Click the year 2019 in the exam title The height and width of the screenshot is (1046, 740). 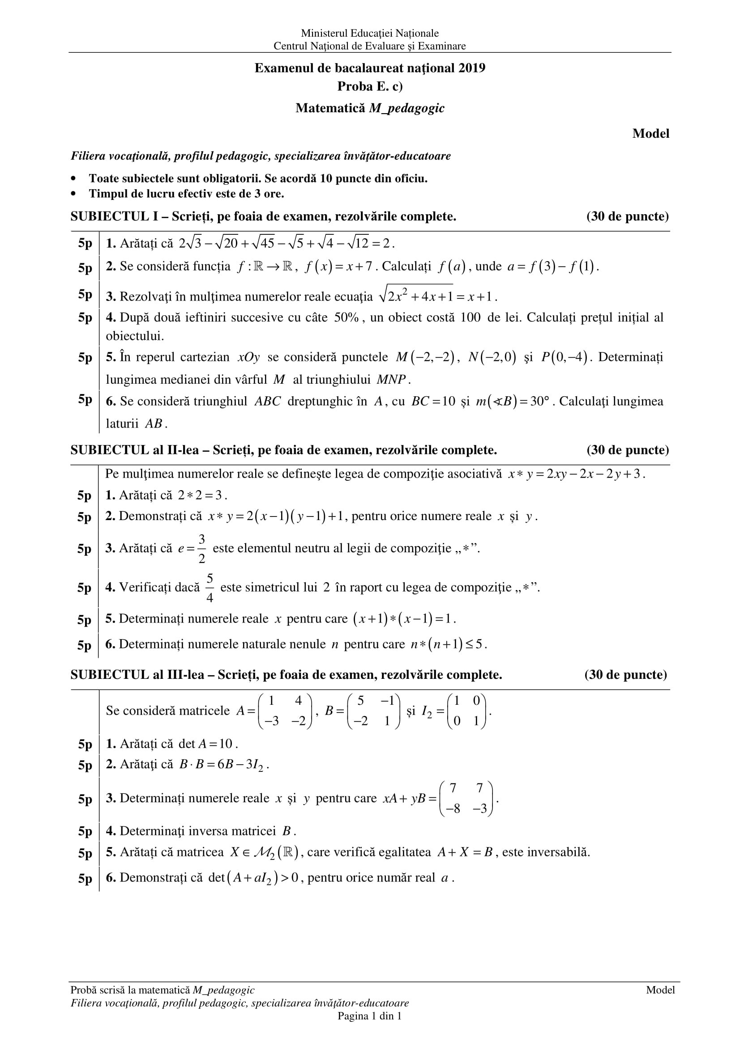472,68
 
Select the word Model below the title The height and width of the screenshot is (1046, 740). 650,134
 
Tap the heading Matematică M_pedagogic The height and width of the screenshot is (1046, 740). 370,108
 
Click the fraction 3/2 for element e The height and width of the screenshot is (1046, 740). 201,548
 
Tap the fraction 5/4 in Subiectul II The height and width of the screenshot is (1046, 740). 210,588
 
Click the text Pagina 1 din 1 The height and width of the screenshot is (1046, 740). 369,1016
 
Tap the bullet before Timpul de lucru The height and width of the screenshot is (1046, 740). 73,194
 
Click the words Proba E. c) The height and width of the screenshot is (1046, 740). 370,87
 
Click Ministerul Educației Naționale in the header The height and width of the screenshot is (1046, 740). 369,33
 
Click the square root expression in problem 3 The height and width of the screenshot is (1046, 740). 416,296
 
